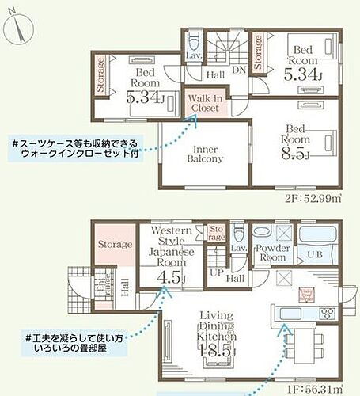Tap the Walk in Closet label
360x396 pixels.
coord(205,102)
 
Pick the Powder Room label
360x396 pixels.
coord(273,253)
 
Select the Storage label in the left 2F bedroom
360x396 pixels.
coord(101,75)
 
